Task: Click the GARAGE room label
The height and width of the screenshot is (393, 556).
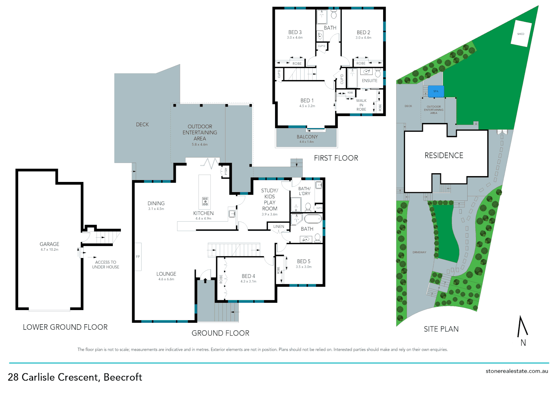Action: [x=49, y=244]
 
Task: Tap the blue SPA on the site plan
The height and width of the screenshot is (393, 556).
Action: [x=436, y=91]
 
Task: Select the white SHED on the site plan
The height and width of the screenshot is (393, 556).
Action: [x=521, y=34]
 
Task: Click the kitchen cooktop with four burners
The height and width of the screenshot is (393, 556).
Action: [x=205, y=201]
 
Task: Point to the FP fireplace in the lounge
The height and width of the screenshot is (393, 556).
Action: [x=138, y=257]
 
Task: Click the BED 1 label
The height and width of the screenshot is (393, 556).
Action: [x=307, y=100]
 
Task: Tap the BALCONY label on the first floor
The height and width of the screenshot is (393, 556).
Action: [x=307, y=137]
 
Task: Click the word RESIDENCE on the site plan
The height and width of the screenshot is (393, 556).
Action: [x=444, y=155]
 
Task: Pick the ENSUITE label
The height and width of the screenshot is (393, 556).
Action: [x=369, y=81]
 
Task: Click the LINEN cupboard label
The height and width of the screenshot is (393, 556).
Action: [x=279, y=226]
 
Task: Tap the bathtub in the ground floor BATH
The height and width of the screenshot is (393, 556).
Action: [x=313, y=219]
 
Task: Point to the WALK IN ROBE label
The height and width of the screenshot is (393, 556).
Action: [x=361, y=105]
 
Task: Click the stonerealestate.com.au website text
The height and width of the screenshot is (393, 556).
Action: [x=517, y=371]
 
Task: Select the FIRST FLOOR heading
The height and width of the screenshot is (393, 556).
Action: [x=336, y=158]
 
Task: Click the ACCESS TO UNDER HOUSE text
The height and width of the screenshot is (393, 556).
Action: [x=106, y=265]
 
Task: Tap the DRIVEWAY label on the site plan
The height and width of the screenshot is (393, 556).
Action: [x=419, y=252]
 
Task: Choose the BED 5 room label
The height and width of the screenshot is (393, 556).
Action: [x=303, y=261]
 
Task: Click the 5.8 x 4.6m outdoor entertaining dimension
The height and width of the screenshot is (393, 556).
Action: [x=200, y=144]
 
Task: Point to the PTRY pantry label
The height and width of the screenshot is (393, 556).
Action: [x=226, y=171]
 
